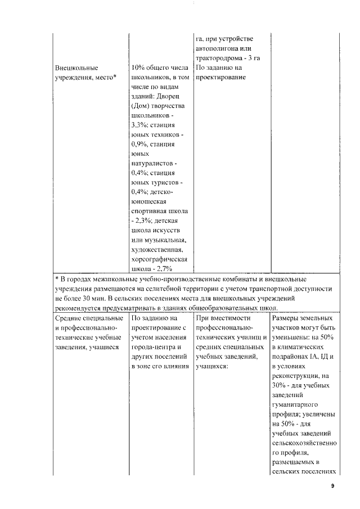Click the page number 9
[x=332, y=486]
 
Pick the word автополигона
[x=219, y=48]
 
